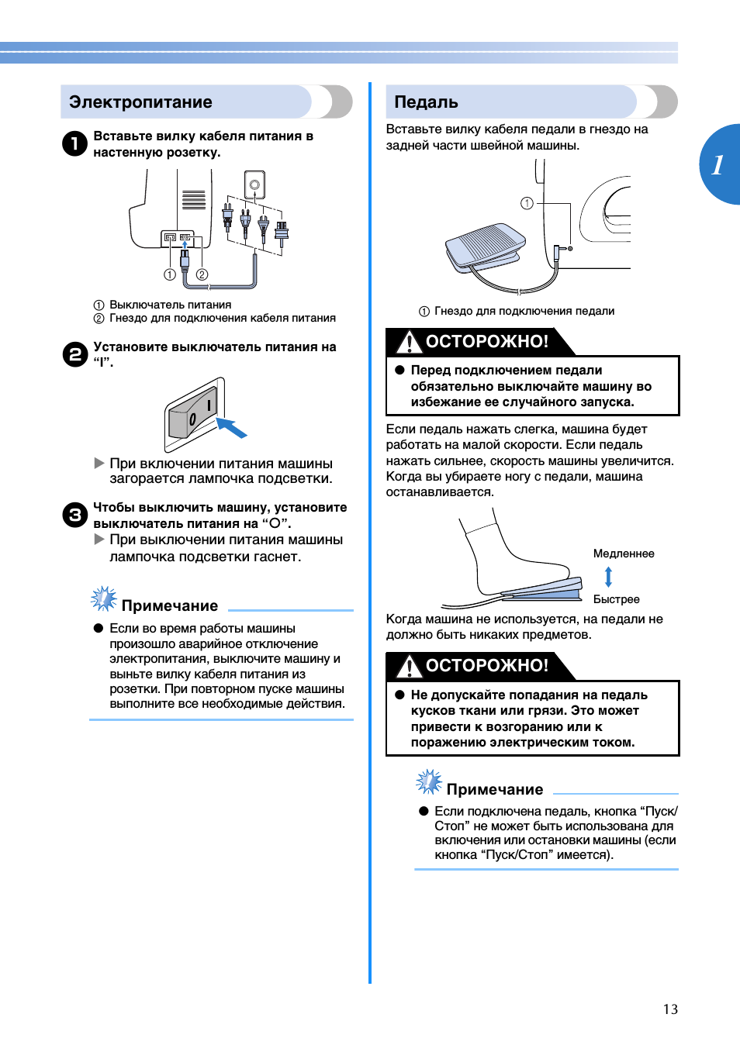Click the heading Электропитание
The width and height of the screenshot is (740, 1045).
pyautogui.click(x=140, y=102)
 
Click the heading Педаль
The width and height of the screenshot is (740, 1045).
pyautogui.click(x=426, y=102)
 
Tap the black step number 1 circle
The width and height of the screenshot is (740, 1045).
pyautogui.click(x=74, y=143)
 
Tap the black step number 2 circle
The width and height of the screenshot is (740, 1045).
pyautogui.click(x=74, y=354)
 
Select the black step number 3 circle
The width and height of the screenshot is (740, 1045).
pyautogui.click(x=74, y=515)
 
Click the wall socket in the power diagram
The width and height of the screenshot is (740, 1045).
pyautogui.click(x=254, y=185)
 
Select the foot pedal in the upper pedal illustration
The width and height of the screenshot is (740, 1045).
pyautogui.click(x=486, y=247)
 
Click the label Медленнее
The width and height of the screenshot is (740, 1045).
pyautogui.click(x=624, y=554)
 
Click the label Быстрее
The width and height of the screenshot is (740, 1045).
pyautogui.click(x=616, y=599)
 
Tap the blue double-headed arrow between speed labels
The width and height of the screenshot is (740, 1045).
pyautogui.click(x=608, y=577)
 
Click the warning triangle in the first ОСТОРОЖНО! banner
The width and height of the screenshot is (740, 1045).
pyautogui.click(x=408, y=342)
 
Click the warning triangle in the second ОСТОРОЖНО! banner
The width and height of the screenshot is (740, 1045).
pyautogui.click(x=408, y=666)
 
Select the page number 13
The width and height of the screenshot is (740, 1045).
pyautogui.click(x=670, y=1009)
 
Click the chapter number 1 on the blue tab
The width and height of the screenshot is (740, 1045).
pyautogui.click(x=718, y=164)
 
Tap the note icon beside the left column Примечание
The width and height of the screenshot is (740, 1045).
pyautogui.click(x=103, y=599)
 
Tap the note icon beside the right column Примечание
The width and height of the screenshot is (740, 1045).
pyautogui.click(x=428, y=782)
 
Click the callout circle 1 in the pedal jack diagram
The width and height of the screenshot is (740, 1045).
pyautogui.click(x=527, y=203)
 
